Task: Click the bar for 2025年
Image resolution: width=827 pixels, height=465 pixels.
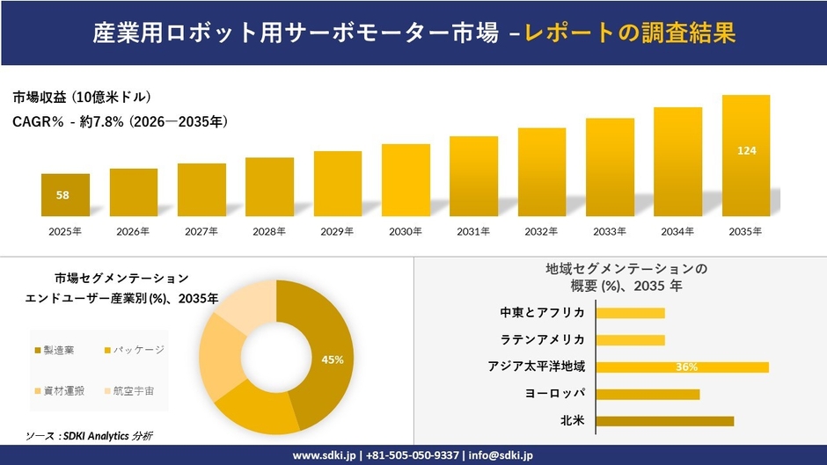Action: tap(65, 195)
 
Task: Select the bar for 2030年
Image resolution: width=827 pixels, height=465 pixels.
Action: tap(406, 180)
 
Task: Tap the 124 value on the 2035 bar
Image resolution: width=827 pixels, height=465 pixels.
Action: tap(746, 151)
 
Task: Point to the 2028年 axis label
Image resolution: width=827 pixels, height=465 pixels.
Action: tap(269, 232)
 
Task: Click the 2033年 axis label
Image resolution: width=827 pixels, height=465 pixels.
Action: tap(610, 232)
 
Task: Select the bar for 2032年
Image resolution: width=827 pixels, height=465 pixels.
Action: tap(542, 172)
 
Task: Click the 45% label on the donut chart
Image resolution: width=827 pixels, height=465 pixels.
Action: tap(333, 360)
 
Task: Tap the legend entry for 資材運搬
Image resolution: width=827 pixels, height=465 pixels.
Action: tap(59, 389)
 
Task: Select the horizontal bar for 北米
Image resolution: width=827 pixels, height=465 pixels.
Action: tap(665, 421)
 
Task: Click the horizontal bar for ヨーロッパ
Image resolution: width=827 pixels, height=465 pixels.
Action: tap(648, 394)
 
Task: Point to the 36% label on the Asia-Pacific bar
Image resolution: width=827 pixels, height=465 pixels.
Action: tap(686, 367)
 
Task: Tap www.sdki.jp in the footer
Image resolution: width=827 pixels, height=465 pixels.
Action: tap(324, 455)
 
